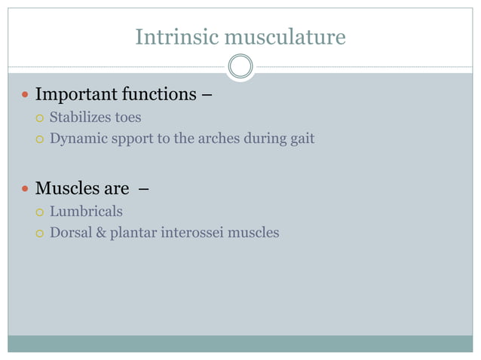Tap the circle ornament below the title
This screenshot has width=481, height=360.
[x=240, y=66]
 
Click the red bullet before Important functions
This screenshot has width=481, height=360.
[x=24, y=96]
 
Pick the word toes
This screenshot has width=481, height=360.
[x=127, y=117]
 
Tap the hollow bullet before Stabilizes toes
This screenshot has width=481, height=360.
[x=39, y=118]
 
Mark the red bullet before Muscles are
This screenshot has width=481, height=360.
[x=24, y=189]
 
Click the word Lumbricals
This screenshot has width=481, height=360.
[x=86, y=212]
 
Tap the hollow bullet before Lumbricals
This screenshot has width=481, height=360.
[x=39, y=212]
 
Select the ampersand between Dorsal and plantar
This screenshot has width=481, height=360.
[x=100, y=233]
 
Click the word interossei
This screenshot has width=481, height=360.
[x=191, y=233]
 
